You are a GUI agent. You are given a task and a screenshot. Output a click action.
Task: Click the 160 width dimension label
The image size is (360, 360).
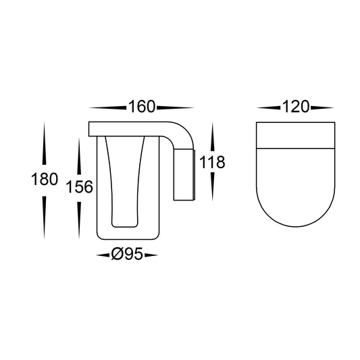pos(142,107)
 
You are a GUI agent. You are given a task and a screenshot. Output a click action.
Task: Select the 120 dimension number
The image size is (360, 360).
pos(295,107)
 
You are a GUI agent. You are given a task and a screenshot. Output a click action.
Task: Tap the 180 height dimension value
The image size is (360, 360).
pos(45,179)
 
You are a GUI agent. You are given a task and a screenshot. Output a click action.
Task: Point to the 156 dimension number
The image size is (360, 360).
pos(80,186)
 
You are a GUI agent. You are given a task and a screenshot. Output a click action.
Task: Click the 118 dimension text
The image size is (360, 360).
pos(212,162)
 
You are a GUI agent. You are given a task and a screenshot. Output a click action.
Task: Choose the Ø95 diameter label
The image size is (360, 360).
pos(127,254)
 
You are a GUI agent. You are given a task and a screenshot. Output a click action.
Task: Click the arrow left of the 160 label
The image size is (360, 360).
pos(107,107)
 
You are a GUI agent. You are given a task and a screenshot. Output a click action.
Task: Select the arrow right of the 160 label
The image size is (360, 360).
pos(176,107)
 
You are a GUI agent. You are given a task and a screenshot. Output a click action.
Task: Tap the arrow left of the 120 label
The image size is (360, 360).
pos(269,107)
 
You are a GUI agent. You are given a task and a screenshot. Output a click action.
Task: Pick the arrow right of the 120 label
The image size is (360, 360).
pos(322,107)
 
